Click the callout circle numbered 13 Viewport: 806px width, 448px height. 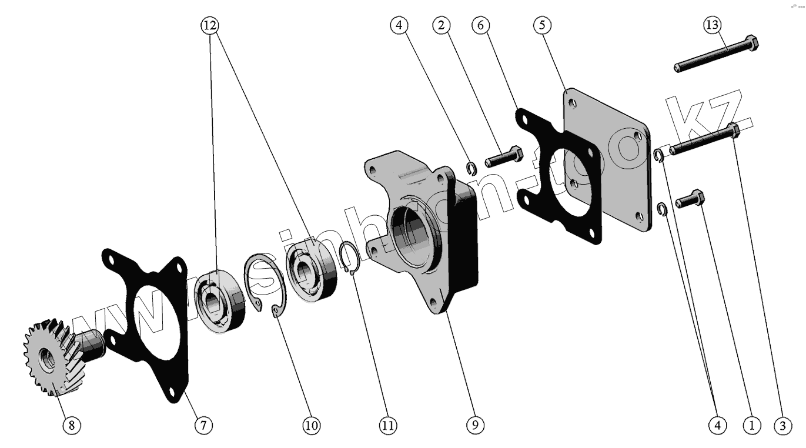point(712,25)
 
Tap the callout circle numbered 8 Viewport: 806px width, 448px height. point(71,425)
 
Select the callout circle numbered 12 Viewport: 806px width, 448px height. point(209,25)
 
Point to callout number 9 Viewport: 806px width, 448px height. point(475,424)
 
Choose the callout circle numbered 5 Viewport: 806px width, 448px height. point(542,25)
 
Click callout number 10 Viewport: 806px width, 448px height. point(311,425)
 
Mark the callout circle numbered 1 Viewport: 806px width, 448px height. point(751,424)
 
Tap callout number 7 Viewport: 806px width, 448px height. point(203,425)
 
